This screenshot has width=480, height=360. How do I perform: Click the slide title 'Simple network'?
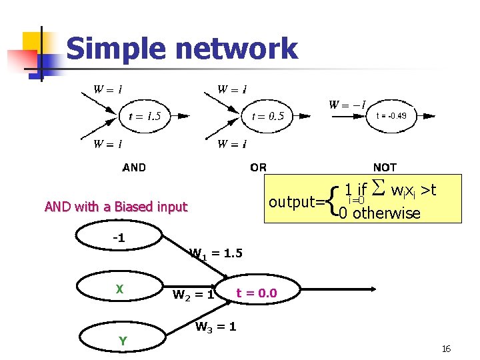pyautogui.click(x=181, y=49)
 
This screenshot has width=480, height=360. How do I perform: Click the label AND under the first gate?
pyautogui.click(x=134, y=167)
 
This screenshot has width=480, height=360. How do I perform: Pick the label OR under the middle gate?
pyautogui.click(x=258, y=167)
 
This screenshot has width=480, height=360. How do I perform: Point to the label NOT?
pyautogui.click(x=385, y=167)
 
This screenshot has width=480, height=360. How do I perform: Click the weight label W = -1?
pyautogui.click(x=347, y=105)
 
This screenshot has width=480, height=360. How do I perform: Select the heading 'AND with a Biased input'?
pyautogui.click(x=116, y=207)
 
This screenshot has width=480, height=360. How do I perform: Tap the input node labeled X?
pyautogui.click(x=119, y=289)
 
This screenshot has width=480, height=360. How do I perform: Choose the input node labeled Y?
pyautogui.click(x=123, y=341)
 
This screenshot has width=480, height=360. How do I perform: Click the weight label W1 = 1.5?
pyautogui.click(x=216, y=253)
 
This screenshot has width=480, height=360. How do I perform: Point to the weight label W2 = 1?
pyautogui.click(x=193, y=294)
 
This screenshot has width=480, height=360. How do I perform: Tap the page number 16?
pyautogui.click(x=446, y=349)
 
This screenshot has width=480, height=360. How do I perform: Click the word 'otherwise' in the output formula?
pyautogui.click(x=387, y=213)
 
